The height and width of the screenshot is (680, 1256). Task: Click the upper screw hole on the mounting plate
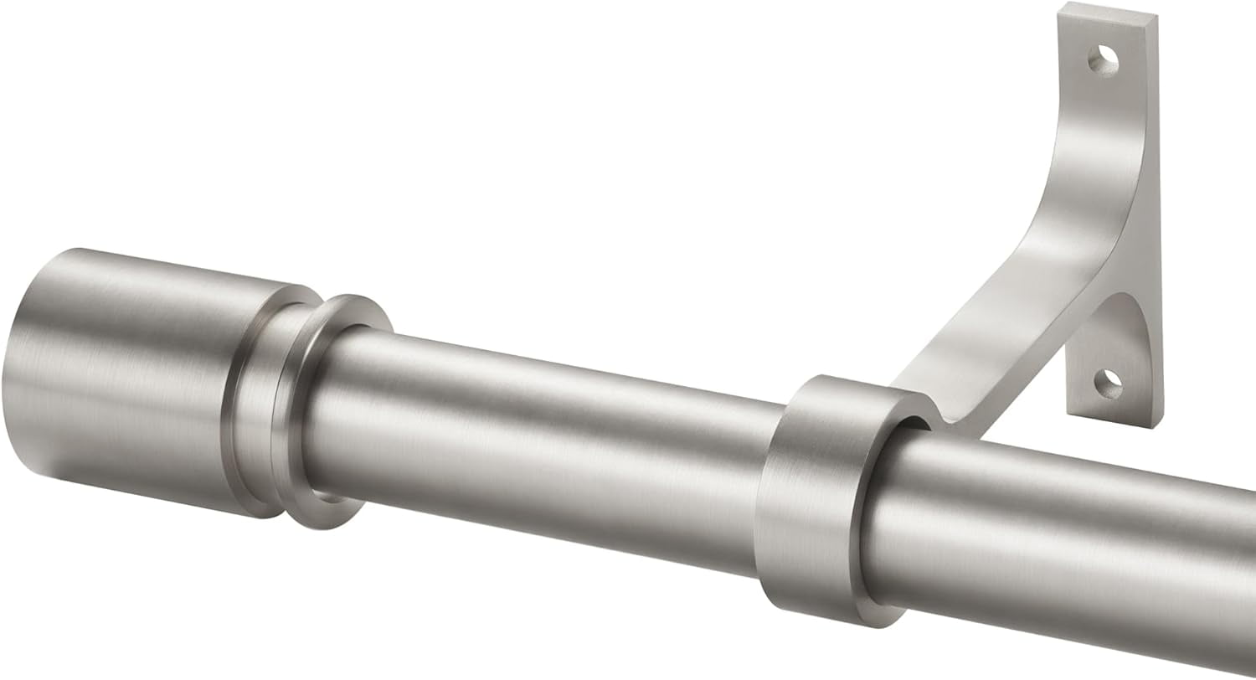[1104, 59]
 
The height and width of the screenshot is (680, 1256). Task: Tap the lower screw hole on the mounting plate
[1108, 384]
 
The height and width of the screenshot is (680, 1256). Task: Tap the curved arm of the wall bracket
[1047, 251]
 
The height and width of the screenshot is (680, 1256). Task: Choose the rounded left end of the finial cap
[21, 377]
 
